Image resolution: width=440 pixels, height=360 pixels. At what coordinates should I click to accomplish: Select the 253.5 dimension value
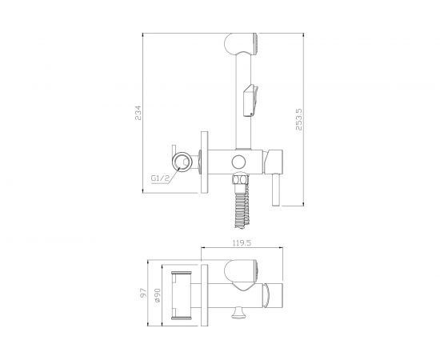pyautogui.click(x=299, y=119)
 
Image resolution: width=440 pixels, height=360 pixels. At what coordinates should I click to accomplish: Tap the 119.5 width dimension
pyautogui.click(x=242, y=243)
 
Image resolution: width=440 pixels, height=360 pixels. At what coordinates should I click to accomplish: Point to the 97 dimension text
pyautogui.click(x=143, y=293)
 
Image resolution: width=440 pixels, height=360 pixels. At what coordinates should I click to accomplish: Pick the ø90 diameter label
pyautogui.click(x=157, y=295)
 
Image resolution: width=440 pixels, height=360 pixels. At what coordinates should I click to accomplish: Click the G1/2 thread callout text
pyautogui.click(x=160, y=178)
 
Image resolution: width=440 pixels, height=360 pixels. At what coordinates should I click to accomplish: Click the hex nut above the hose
pyautogui.click(x=240, y=178)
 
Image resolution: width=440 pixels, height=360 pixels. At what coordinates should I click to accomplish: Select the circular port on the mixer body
pyautogui.click(x=239, y=162)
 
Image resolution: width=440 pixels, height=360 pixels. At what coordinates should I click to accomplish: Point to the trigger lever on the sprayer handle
pyautogui.click(x=251, y=100)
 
